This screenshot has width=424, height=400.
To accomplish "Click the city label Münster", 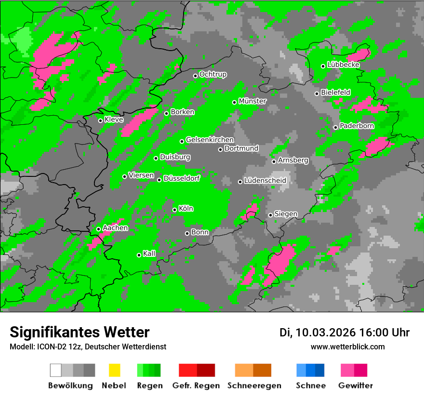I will coord(252,101).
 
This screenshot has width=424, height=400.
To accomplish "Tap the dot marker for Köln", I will coord(174,210).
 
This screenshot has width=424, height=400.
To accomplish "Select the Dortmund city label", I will coord(241,148).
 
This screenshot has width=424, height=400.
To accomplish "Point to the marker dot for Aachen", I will coord(98,229).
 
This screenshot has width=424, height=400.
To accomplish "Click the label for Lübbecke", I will coord(344,65).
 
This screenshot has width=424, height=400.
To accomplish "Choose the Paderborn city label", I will coord(357,126).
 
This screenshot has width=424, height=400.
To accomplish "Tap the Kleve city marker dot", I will coord(100,120).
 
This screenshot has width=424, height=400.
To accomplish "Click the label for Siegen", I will coord(286,214).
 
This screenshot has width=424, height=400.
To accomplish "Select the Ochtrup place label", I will coord(213,75).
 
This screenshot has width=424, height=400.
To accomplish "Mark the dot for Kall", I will coord(139,255).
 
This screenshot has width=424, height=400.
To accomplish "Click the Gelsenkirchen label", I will coord(210,140).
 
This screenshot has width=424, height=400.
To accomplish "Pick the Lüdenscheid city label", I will coord(265,181).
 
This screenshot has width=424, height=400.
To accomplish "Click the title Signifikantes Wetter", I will coord(80,332).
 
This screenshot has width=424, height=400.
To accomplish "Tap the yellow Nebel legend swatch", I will coord(114,370).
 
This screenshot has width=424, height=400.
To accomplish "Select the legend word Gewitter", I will coord(356,386).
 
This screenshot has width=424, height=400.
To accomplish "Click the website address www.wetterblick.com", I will coord(348,347).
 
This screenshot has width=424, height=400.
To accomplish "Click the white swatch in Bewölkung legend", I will coord(55,370).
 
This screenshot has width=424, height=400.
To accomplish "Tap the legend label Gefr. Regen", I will coord(196,386).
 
